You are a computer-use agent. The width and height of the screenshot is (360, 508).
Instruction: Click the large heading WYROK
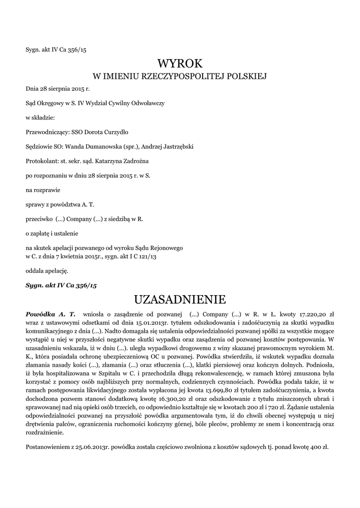180,63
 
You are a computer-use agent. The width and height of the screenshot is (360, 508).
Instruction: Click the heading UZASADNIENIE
180,299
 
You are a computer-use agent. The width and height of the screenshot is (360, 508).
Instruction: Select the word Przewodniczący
47,132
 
